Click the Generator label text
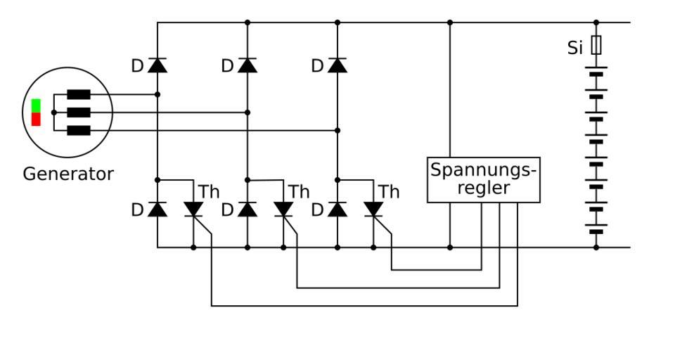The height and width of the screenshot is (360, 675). pos(68,174)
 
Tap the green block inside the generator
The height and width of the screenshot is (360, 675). pos(36,105)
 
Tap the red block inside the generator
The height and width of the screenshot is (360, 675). pos(36,119)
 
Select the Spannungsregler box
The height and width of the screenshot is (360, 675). pos(484,180)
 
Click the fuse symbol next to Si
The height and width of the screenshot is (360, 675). pos(596,46)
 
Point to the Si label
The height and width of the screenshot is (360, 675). pos(575,49)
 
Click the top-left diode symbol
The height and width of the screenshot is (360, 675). pos(157,65)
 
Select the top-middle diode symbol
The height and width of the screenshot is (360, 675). pos(247,65)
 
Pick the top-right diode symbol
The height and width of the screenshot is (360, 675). pos(337,65)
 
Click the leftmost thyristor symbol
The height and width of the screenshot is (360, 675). pos(193,209)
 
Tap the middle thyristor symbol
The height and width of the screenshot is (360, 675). pos(283,209)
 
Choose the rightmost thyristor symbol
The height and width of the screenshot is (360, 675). pos(373,209)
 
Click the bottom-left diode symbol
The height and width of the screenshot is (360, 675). pos(157,209)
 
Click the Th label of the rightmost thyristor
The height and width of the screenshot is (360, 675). pos(389,192)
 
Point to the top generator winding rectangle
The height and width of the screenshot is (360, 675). pos(78,94)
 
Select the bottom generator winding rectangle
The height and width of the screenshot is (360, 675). pos(78,130)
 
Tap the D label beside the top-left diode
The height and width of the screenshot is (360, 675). pos(137,66)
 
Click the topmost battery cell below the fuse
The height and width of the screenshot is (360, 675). pos(596,72)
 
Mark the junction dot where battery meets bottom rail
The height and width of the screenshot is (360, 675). pos(596,247)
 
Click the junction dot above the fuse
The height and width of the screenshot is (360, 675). pos(596,22)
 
